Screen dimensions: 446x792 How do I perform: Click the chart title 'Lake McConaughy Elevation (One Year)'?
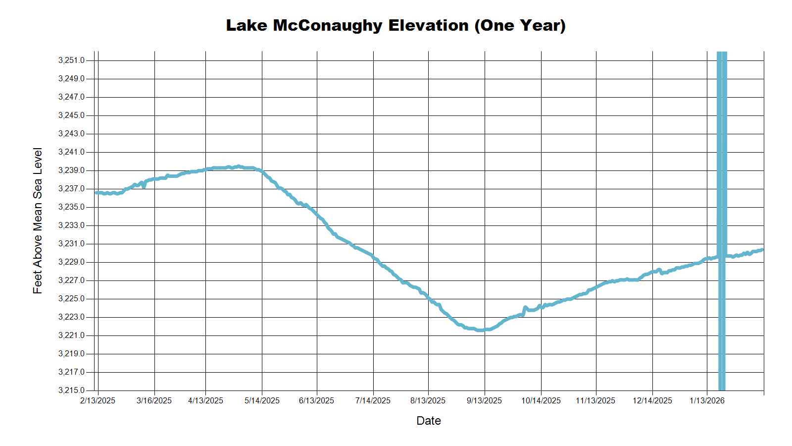tap(396, 25)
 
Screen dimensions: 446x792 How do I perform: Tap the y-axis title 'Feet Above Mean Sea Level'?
tap(38, 221)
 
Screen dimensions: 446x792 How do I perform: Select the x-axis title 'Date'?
tap(428, 421)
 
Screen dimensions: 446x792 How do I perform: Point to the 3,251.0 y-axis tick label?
tap(71, 60)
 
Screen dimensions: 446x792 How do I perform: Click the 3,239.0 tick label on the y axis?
tap(71, 170)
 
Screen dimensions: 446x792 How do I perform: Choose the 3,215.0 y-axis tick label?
tap(71, 390)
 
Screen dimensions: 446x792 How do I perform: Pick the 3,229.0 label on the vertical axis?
tap(71, 262)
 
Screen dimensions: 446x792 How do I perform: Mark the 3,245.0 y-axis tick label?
tap(71, 115)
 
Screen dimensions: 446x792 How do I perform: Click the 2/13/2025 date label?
tap(98, 401)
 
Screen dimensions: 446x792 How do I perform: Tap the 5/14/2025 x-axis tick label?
tap(262, 401)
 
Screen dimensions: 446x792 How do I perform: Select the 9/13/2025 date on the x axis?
tap(484, 401)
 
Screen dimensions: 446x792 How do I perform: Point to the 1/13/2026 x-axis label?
tap(707, 401)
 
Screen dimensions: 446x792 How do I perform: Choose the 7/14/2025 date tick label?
tap(373, 401)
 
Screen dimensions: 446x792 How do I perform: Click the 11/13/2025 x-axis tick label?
tap(595, 401)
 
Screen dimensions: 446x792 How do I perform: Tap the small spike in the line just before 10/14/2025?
tap(525, 308)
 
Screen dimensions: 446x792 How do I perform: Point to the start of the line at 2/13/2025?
tap(97, 192)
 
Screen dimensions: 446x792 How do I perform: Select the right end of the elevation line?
tap(762, 250)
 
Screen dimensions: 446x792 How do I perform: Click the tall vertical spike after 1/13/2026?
tap(722, 198)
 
